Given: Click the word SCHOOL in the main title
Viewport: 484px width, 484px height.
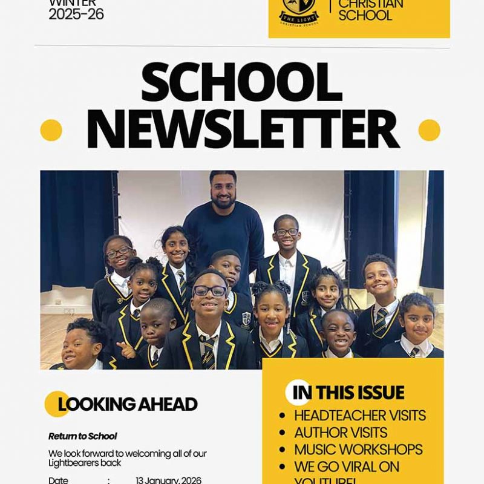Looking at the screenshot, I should click(x=241, y=82).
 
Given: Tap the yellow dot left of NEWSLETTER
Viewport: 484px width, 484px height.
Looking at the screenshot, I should click(x=51, y=130).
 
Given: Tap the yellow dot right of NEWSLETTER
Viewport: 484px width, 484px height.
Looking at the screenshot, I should click(x=429, y=130).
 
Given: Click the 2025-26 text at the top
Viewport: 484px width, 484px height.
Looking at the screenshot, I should click(x=76, y=15).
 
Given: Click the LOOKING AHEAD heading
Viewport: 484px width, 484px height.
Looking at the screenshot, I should click(x=128, y=404).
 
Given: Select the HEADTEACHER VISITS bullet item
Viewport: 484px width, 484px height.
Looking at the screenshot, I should click(x=359, y=416).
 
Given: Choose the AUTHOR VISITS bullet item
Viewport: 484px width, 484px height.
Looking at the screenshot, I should click(x=341, y=433).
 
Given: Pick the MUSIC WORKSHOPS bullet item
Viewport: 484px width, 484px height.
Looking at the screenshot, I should click(x=358, y=450).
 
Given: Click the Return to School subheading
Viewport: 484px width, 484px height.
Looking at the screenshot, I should click(x=82, y=436).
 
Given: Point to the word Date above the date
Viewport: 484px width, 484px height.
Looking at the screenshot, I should click(x=58, y=480).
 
